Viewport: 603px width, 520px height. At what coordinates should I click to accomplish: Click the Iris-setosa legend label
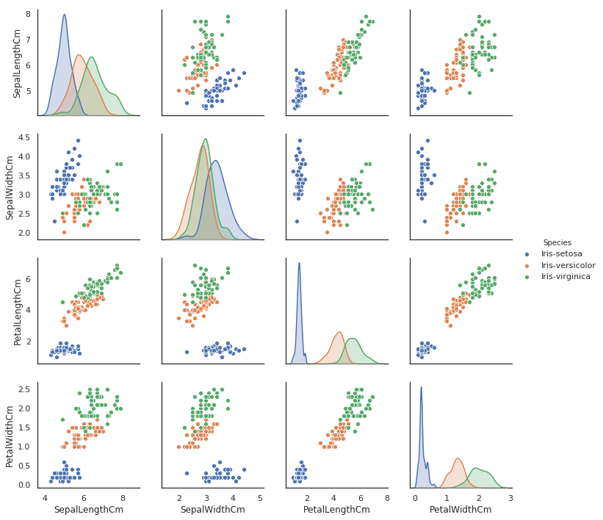[561, 253]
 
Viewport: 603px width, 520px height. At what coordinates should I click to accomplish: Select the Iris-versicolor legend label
[568, 265]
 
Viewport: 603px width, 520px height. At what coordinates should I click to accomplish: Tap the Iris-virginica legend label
[566, 277]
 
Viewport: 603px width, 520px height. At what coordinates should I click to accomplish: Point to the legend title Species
[557, 242]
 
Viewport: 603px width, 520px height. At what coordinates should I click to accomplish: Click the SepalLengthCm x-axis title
[89, 510]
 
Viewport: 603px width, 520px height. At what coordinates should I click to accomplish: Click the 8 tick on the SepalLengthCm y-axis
[27, 14]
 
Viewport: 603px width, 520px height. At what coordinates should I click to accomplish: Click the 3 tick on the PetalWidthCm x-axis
[510, 497]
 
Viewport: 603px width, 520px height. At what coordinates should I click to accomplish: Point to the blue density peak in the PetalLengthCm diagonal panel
[299, 263]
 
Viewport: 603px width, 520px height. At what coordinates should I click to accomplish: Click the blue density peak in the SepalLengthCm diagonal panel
[65, 15]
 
